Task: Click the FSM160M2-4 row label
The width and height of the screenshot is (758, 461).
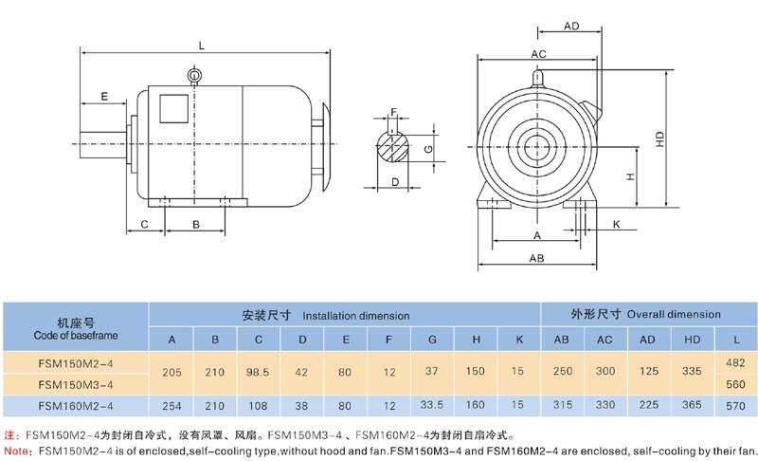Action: click(x=75, y=406)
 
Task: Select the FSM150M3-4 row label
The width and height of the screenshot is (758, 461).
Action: click(x=75, y=384)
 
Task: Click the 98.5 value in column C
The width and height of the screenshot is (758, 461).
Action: click(x=259, y=373)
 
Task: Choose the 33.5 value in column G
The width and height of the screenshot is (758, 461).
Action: click(x=431, y=406)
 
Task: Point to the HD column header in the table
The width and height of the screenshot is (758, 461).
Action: click(x=693, y=340)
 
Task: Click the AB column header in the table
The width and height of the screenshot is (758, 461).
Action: click(x=561, y=340)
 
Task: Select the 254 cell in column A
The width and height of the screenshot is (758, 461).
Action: click(x=171, y=406)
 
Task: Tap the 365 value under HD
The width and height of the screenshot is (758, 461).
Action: click(x=693, y=406)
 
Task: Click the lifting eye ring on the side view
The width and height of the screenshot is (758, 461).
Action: click(x=194, y=75)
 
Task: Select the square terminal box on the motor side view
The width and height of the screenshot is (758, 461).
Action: click(x=171, y=107)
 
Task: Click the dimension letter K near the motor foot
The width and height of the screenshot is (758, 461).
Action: click(x=616, y=224)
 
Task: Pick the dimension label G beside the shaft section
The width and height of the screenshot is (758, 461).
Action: click(x=428, y=149)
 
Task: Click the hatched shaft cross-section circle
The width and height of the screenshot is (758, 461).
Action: click(x=393, y=147)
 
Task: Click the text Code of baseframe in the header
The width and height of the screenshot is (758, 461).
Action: click(x=75, y=334)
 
